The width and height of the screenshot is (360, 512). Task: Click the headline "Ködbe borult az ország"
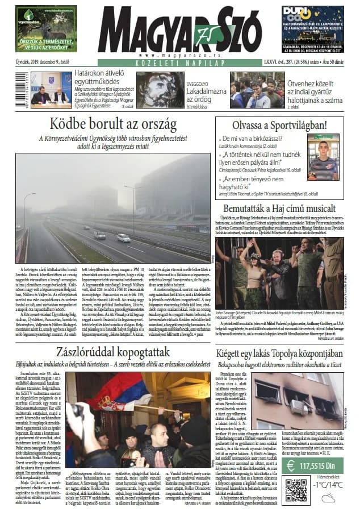coord(112,124)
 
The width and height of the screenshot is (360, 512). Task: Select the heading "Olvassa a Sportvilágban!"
coord(279,125)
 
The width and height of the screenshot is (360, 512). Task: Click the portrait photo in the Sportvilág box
coord(323,156)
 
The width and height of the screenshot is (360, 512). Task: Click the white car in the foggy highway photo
coord(123,238)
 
